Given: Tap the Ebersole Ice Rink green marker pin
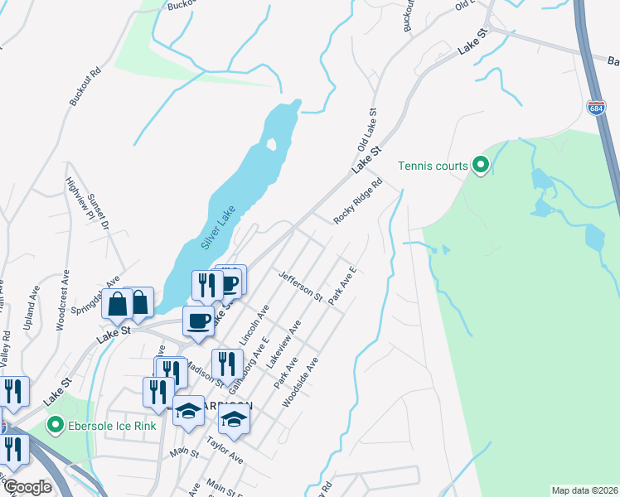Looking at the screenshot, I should pyautogui.click(x=56, y=427).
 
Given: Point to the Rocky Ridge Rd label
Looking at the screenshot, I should pyautogui.click(x=357, y=201).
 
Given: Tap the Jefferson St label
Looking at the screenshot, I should pyautogui.click(x=300, y=285).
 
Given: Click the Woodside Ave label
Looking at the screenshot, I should pyautogui.click(x=300, y=383).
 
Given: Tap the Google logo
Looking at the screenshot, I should pyautogui.click(x=27, y=487).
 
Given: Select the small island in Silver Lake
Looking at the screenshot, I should pyautogui.click(x=271, y=145).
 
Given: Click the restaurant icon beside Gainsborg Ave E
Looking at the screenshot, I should pyautogui.click(x=226, y=364).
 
